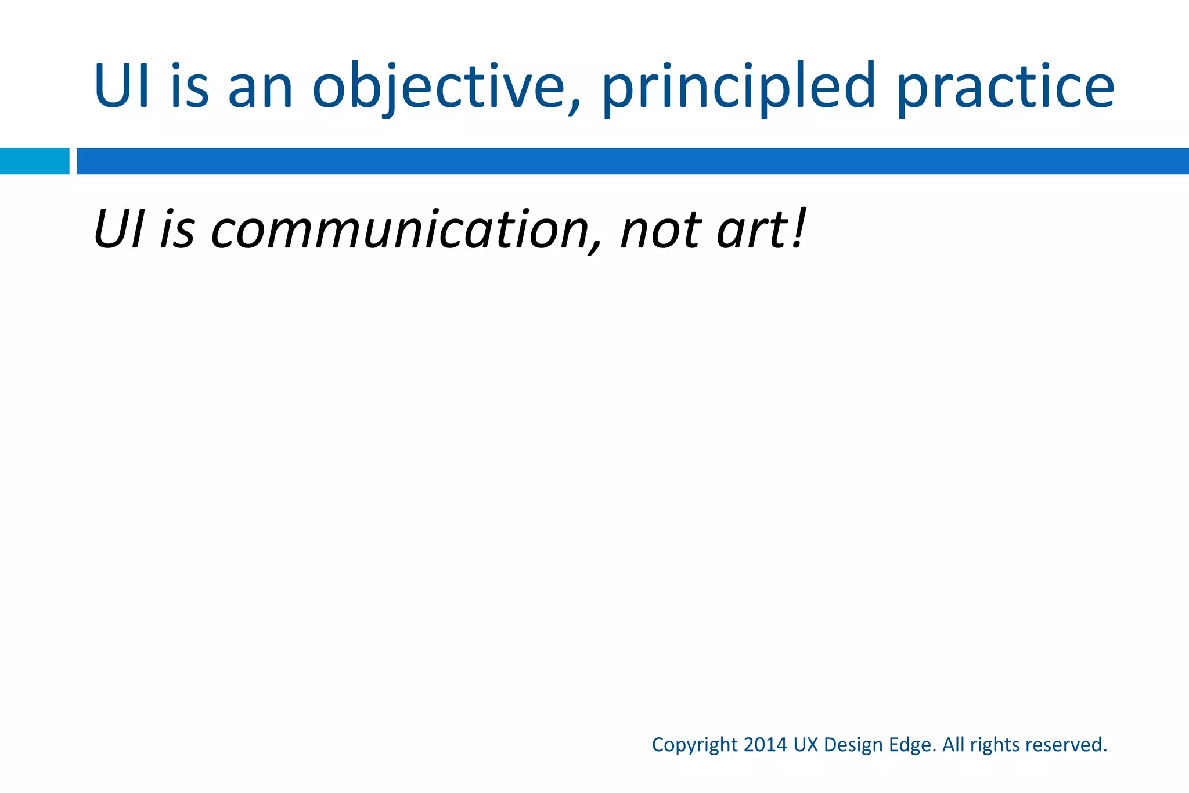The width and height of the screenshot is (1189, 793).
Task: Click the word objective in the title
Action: pos(438,87)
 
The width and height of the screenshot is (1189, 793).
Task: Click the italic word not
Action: pos(662,230)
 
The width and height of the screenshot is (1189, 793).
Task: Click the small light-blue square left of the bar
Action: pos(34,161)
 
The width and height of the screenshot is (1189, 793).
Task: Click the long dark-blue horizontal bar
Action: pos(633,161)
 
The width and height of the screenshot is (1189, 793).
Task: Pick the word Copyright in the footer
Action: pos(695,745)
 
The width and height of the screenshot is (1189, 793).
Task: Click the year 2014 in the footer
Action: pos(765,744)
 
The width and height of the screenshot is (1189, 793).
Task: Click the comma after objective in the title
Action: pos(574,107)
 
